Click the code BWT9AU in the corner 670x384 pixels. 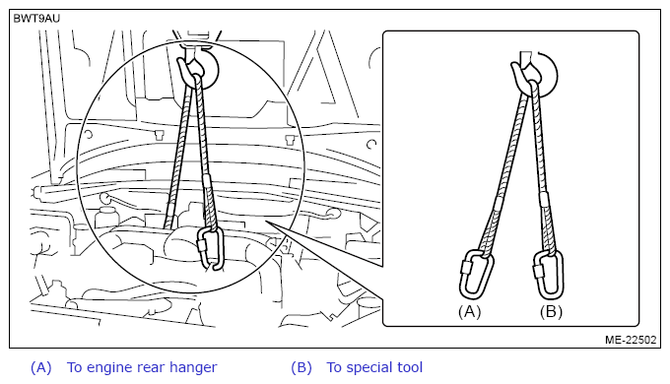(x=36, y=19)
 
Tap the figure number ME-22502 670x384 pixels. (x=631, y=340)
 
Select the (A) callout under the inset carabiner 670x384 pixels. (x=469, y=312)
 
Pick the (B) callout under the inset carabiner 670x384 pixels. (x=551, y=312)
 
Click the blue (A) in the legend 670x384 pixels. (x=41, y=368)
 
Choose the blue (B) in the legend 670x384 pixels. (x=301, y=368)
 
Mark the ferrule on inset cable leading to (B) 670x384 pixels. (x=544, y=200)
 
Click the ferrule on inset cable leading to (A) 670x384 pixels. (x=499, y=203)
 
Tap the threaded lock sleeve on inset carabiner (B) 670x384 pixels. (x=537, y=271)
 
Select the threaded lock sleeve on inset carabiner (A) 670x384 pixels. (x=465, y=268)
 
